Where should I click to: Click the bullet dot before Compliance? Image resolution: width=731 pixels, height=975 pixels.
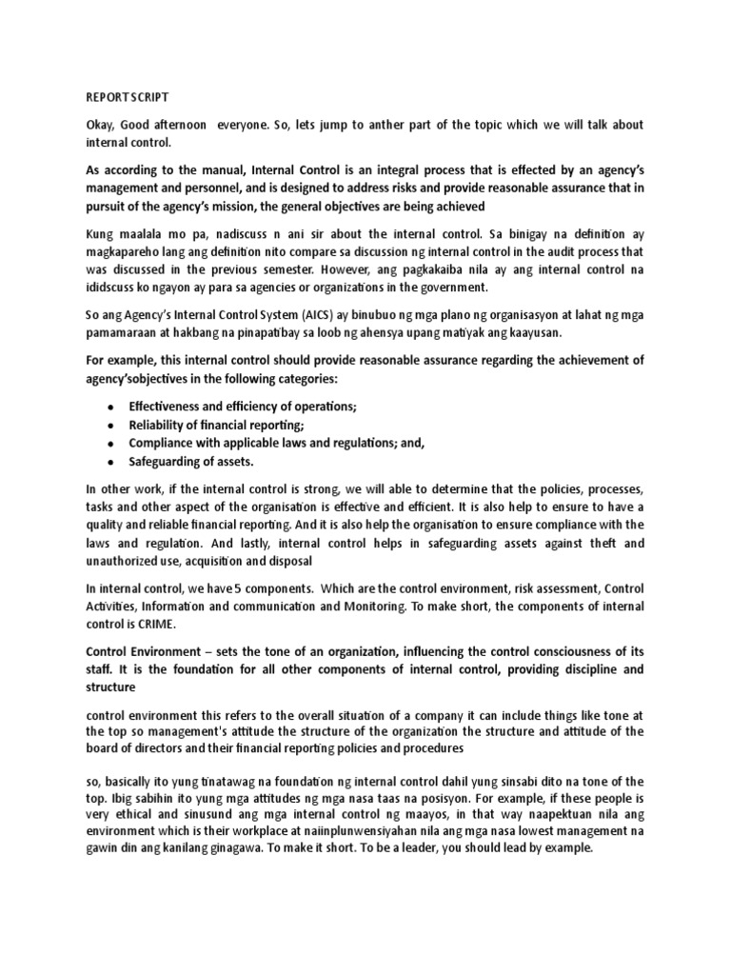[110, 444]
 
